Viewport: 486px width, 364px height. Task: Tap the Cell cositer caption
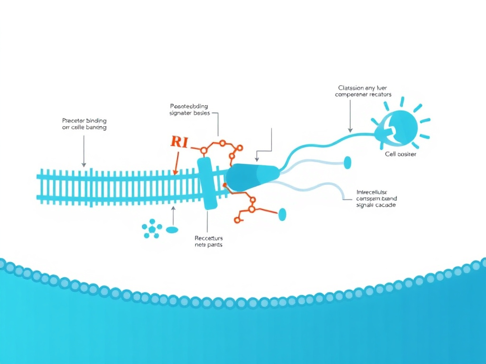pos(401,155)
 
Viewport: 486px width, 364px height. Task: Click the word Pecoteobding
pos(188,106)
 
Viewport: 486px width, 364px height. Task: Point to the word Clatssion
pos(350,88)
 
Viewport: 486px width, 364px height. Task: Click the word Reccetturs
pos(208,238)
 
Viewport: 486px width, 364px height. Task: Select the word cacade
pos(387,205)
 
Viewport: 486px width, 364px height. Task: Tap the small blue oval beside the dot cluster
pos(172,230)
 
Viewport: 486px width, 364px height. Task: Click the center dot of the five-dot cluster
pos(152,229)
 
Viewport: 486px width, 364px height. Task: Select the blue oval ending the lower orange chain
pos(283,214)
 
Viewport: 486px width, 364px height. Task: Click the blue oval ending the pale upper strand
pos(347,163)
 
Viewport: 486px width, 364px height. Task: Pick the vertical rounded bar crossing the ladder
pos(208,183)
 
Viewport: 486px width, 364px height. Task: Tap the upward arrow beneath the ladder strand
pos(173,216)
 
